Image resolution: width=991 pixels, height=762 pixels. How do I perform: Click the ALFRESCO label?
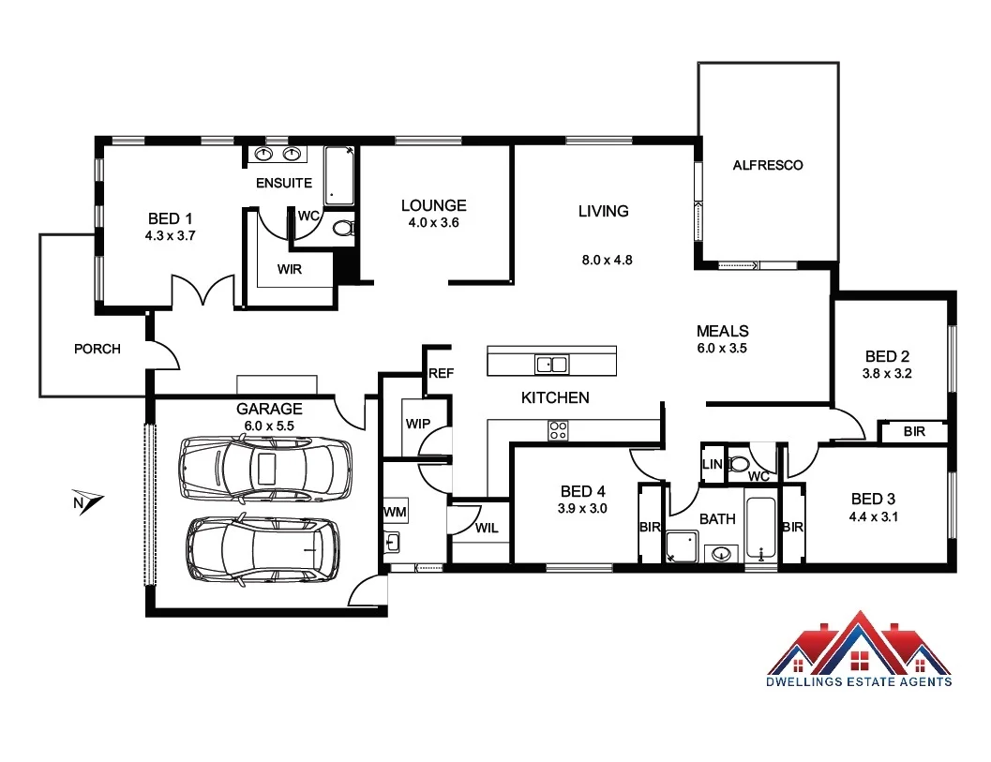767,165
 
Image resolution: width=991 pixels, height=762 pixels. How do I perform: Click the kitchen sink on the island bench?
551,363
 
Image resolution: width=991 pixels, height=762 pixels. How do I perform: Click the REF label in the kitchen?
441,373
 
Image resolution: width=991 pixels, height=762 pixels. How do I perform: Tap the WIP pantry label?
417,424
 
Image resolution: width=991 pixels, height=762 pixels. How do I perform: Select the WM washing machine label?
394,512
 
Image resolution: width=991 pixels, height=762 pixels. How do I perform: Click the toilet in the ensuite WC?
343,228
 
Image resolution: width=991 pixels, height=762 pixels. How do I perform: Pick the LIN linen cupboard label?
712,465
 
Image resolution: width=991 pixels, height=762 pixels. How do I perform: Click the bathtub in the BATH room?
760,530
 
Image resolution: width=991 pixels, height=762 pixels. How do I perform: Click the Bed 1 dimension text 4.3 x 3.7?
170,236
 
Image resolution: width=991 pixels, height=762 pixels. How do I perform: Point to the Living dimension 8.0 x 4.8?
607,260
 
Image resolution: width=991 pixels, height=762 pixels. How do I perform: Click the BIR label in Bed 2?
914,432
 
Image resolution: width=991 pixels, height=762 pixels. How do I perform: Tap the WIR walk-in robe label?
289,270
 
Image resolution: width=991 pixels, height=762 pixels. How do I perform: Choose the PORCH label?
98,349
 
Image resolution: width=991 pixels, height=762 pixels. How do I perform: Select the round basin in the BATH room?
721,553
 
